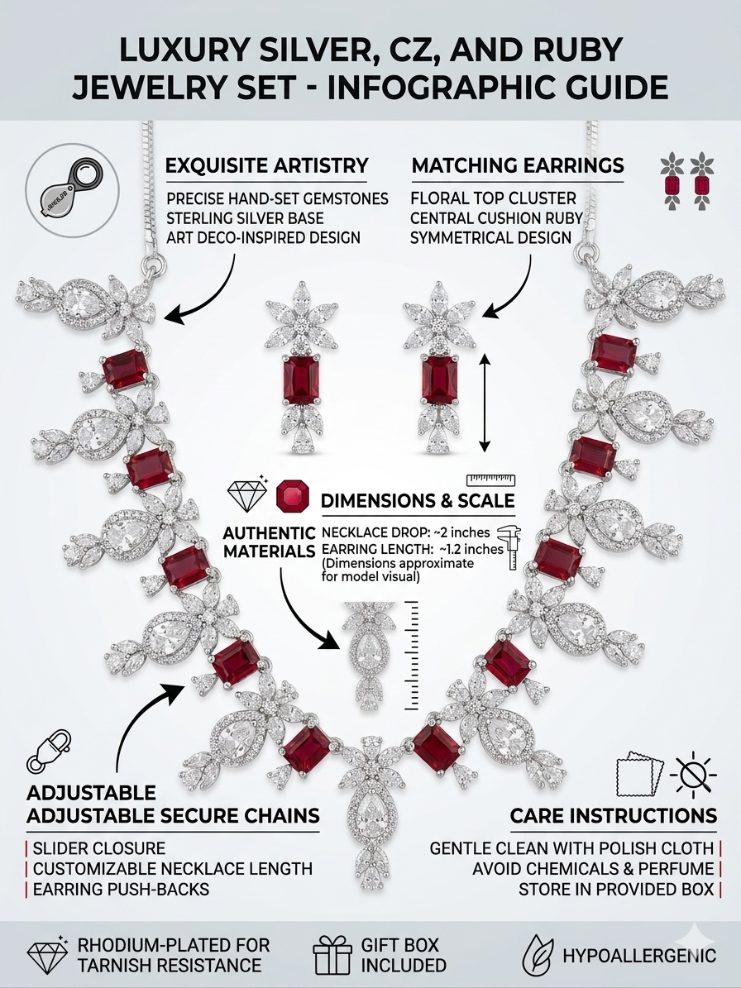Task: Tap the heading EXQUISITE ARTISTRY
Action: [266, 165]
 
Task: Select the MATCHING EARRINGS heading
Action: [518, 165]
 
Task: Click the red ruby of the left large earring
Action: [299, 379]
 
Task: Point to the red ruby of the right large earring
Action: [437, 379]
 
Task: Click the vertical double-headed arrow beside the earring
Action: [484, 403]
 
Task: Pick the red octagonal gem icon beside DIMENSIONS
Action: [293, 496]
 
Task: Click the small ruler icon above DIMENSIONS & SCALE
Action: [491, 480]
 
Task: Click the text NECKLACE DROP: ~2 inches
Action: [406, 533]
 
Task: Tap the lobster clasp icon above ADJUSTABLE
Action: [49, 751]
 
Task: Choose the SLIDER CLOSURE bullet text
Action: [99, 848]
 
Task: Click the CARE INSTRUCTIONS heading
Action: [613, 816]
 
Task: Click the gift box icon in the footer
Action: [332, 955]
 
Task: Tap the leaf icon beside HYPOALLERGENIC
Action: [538, 955]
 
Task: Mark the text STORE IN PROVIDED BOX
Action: [615, 890]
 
